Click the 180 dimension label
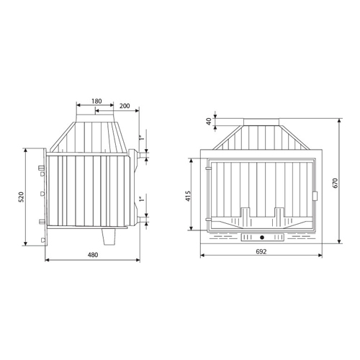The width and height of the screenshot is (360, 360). [96, 102]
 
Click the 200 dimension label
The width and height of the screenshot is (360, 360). [125, 106]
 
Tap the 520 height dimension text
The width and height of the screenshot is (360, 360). [22, 197]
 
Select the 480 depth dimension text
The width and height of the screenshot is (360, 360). [93, 255]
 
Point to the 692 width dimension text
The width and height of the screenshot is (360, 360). [261, 251]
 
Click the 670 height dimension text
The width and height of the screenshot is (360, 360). [336, 183]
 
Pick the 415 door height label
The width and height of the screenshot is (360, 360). [188, 196]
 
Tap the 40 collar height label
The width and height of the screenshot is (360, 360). [209, 122]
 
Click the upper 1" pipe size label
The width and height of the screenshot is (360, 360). [142, 138]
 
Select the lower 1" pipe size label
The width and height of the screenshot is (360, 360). [142, 199]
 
